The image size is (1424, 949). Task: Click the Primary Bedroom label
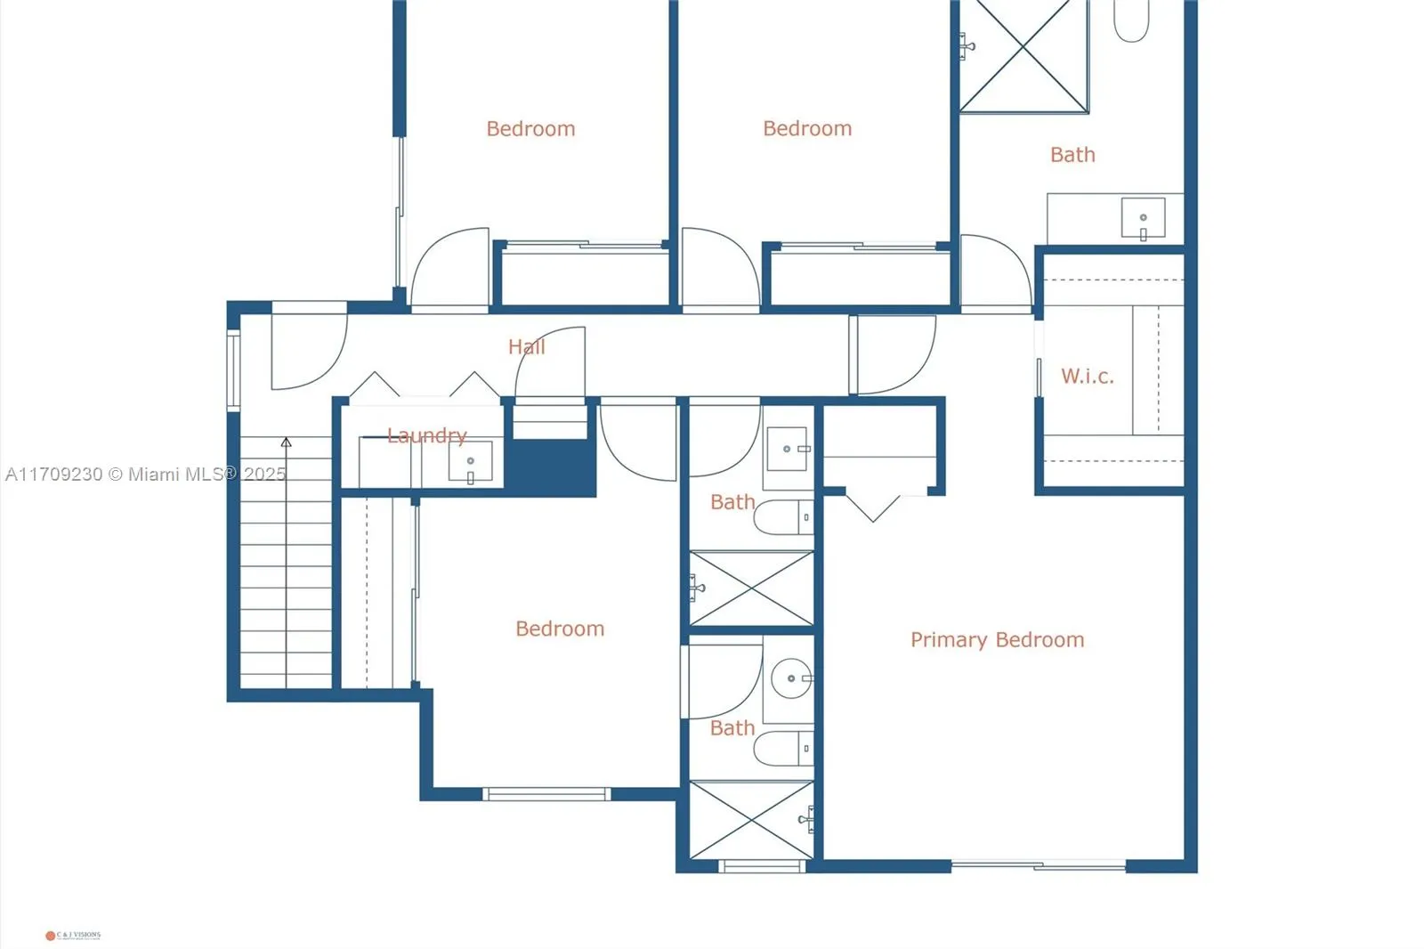pos(997,639)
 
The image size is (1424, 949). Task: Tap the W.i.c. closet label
pos(1087,376)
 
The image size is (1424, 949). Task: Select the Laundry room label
pos(426,435)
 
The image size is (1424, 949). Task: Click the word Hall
pos(526,346)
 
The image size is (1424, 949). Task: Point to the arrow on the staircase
pos(286,442)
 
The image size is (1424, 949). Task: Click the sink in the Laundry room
pos(470,462)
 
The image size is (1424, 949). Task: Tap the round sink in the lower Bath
pos(790,678)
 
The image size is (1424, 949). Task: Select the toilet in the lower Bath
pos(781,749)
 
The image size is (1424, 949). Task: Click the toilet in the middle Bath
pos(781,517)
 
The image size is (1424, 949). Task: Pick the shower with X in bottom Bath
pos(751,820)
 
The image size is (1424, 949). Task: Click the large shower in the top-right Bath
pos(1023,55)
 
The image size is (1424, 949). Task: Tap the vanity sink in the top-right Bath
pos(1143,218)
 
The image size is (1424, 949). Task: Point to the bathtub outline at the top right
pos(1132,20)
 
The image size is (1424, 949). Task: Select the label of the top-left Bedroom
pos(530,128)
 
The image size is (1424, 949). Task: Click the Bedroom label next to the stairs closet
pos(560,629)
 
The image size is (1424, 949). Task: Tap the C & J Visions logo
pos(73,935)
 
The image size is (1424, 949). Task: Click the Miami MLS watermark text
pos(146,474)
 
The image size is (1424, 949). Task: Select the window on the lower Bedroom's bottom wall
pos(546,793)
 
